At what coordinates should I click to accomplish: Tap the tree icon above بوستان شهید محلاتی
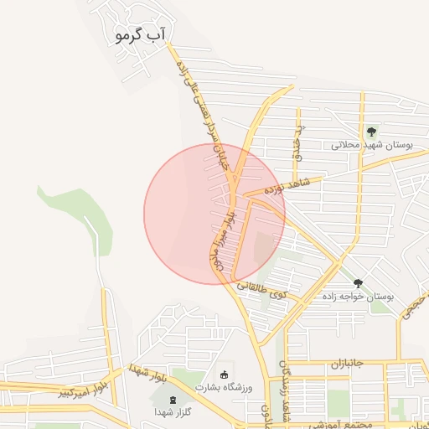(x=370, y=131)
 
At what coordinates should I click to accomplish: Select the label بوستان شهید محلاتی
(x=369, y=145)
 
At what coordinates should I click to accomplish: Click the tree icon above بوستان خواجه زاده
(x=358, y=284)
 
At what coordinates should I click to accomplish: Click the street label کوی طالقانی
(x=262, y=290)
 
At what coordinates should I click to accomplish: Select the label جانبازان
(x=344, y=364)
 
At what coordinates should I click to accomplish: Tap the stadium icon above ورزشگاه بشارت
(x=224, y=374)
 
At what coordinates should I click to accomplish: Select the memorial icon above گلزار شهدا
(x=173, y=399)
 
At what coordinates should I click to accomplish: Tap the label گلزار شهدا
(x=173, y=412)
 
